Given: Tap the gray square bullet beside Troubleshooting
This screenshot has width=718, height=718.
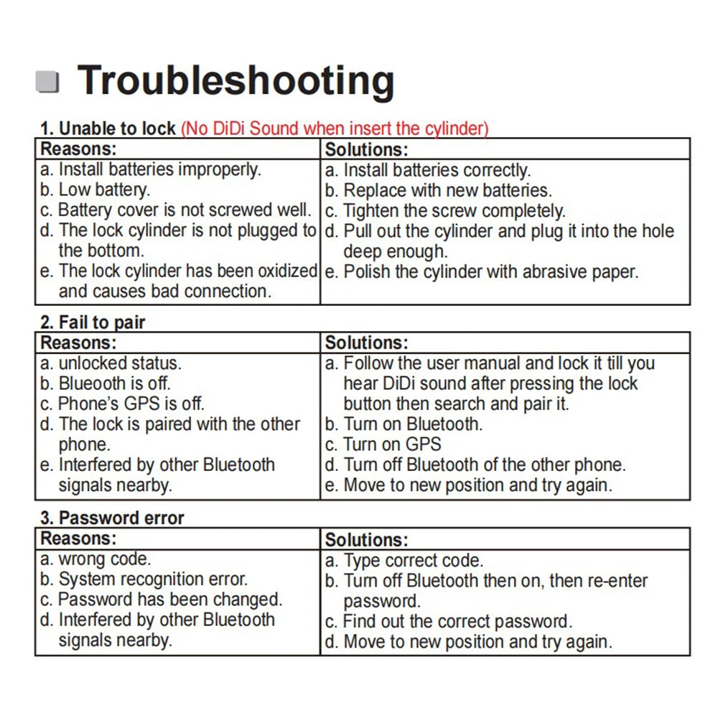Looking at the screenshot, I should [47, 82].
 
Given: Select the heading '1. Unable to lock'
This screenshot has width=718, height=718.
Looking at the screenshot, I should [108, 129].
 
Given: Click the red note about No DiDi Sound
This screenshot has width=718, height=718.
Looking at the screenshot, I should [335, 129].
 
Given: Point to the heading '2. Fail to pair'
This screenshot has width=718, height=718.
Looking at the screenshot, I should [93, 322].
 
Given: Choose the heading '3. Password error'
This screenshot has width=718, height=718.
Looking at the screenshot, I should [112, 518].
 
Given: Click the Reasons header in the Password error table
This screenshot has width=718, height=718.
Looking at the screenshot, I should [78, 538].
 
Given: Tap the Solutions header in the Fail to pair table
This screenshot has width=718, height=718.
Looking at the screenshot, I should [366, 343].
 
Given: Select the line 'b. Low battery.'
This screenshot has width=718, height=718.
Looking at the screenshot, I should [95, 190].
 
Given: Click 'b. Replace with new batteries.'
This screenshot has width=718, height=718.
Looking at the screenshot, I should [438, 191].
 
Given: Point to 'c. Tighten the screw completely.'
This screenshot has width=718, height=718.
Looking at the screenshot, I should [445, 211].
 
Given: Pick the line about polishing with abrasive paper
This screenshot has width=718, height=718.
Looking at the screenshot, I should [481, 272].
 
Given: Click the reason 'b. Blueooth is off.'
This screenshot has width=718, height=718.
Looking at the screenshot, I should [106, 383].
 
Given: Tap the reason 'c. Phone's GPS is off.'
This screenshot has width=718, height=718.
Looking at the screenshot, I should [122, 404].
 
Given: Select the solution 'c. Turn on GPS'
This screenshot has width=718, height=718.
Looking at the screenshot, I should [383, 444].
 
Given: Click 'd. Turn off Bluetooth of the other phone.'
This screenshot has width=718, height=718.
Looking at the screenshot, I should [475, 465].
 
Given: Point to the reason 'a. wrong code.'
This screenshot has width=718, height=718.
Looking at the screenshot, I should [94, 559].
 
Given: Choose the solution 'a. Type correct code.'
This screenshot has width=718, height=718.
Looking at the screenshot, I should [404, 561].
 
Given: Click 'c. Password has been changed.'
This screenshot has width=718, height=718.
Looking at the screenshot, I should [162, 599].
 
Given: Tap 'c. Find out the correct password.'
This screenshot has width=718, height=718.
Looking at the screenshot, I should [448, 621].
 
